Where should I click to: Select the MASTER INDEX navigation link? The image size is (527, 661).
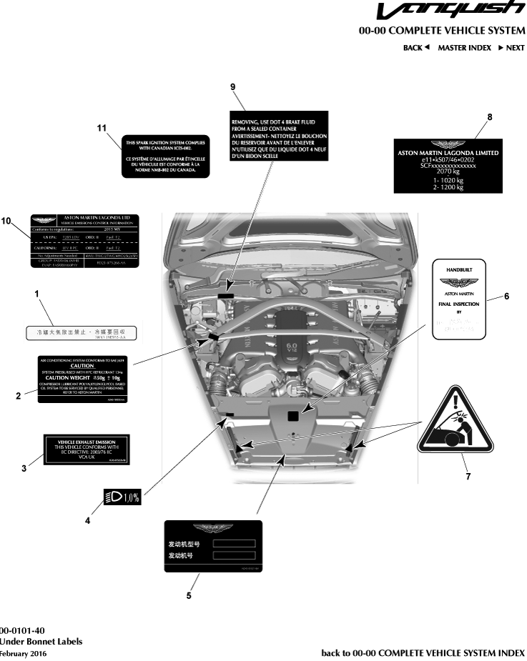(464, 48)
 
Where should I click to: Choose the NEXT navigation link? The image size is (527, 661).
(511, 48)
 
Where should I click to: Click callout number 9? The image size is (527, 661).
(233, 86)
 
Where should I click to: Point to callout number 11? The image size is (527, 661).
(102, 127)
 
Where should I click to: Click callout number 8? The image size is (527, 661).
(489, 116)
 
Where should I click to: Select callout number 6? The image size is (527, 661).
(506, 296)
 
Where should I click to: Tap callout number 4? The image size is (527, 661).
(87, 521)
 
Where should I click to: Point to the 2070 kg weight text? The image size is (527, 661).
(448, 172)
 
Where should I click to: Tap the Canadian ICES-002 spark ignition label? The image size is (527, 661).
(162, 156)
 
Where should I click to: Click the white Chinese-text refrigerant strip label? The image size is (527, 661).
(84, 333)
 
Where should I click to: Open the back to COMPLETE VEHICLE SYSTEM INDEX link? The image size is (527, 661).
(423, 653)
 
